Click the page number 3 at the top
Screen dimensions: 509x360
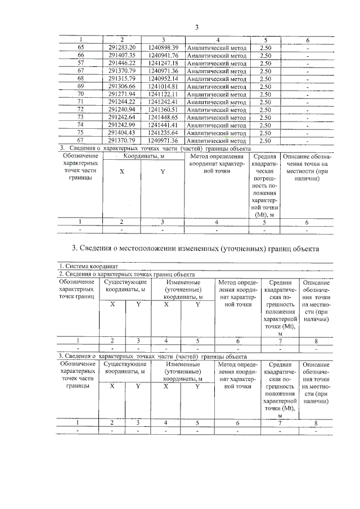[x=197, y=28]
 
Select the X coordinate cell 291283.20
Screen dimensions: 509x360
[x=122, y=48]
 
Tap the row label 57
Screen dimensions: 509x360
[x=80, y=64]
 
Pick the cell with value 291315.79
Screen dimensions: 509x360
[x=122, y=79]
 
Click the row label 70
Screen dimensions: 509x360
[x=80, y=94]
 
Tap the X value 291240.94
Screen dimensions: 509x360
[x=122, y=110]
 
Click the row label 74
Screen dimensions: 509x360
[x=80, y=125]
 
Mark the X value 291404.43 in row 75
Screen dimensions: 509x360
[x=122, y=133]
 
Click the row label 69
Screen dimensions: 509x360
[x=80, y=87]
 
